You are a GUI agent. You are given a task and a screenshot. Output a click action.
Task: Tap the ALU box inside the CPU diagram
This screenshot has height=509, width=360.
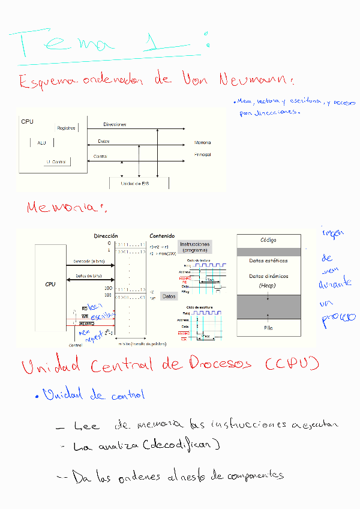tap(41, 143)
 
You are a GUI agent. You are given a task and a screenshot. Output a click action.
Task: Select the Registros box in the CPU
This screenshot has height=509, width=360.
tap(66, 128)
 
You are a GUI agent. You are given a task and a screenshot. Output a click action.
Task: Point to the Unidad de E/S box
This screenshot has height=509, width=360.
tap(139, 184)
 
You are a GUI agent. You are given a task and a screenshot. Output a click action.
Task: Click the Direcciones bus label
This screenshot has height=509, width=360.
tap(115, 124)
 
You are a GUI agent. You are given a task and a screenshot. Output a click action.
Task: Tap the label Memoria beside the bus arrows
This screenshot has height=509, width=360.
tap(202, 143)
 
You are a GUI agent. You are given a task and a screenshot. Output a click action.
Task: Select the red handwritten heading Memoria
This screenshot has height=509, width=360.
tap(66, 208)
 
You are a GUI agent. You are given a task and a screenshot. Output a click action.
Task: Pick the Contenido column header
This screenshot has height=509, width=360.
tap(162, 236)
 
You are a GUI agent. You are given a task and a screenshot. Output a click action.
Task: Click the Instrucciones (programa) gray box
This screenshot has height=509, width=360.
tap(195, 247)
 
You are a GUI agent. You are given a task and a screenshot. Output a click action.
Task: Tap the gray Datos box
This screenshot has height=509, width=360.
tap(170, 296)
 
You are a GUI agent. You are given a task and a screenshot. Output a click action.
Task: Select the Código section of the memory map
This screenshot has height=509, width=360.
tap(268, 240)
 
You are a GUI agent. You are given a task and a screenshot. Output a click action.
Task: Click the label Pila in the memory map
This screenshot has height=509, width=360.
tap(268, 328)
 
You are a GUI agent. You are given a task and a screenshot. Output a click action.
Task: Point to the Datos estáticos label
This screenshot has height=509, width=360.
tap(268, 261)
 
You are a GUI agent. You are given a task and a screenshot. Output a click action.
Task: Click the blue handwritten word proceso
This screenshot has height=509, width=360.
tap(338, 319)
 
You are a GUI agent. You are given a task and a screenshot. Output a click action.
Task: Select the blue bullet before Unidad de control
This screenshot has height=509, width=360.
tap(37, 396)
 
